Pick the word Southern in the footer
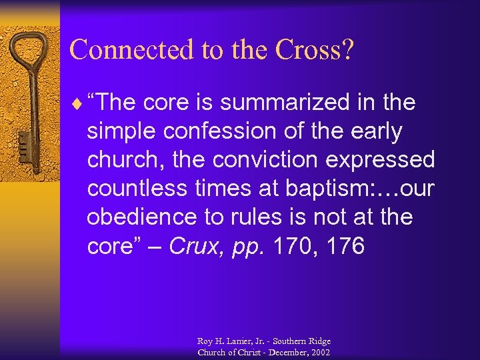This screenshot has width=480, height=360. pos(293,341)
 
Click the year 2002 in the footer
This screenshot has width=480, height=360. pos(320,352)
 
